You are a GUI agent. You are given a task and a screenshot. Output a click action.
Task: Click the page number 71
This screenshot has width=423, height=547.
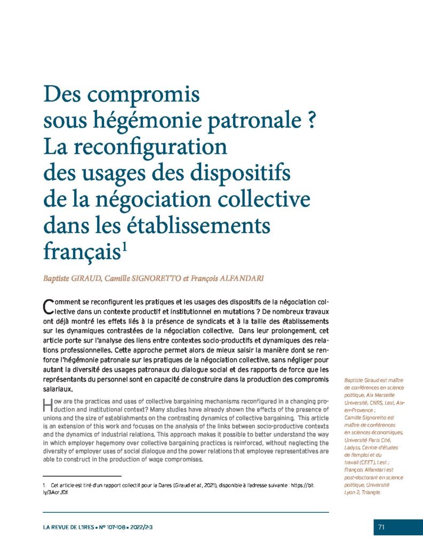381,527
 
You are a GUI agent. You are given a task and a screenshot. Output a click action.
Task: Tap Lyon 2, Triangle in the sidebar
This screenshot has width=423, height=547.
363,492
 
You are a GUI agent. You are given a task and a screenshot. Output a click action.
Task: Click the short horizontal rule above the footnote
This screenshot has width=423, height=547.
82,475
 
